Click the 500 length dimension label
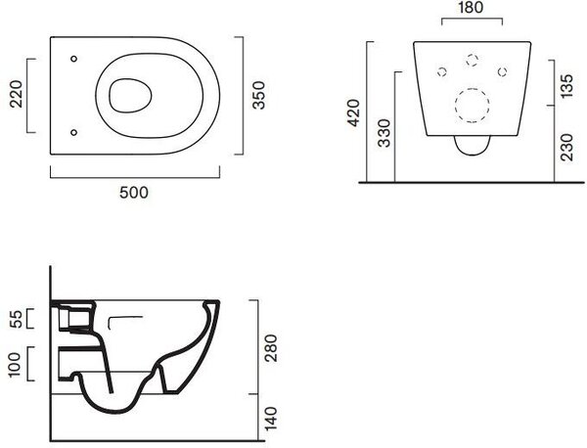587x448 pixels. point(134,193)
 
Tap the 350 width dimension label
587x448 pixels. point(258,96)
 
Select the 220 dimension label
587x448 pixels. point(16,94)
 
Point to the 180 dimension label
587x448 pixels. point(471,8)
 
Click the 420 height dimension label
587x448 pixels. point(354,113)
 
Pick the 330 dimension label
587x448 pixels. point(384,133)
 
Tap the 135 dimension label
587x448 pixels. point(567,86)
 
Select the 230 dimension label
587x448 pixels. point(567,148)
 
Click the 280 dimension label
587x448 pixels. point(271,348)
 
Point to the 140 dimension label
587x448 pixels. point(271,419)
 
